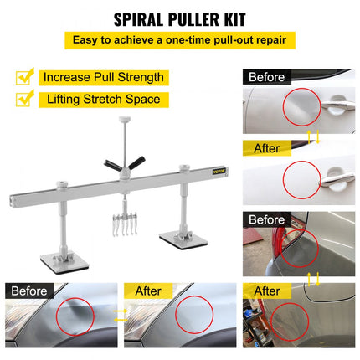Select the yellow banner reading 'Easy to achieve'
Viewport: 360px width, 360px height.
click(180, 40)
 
